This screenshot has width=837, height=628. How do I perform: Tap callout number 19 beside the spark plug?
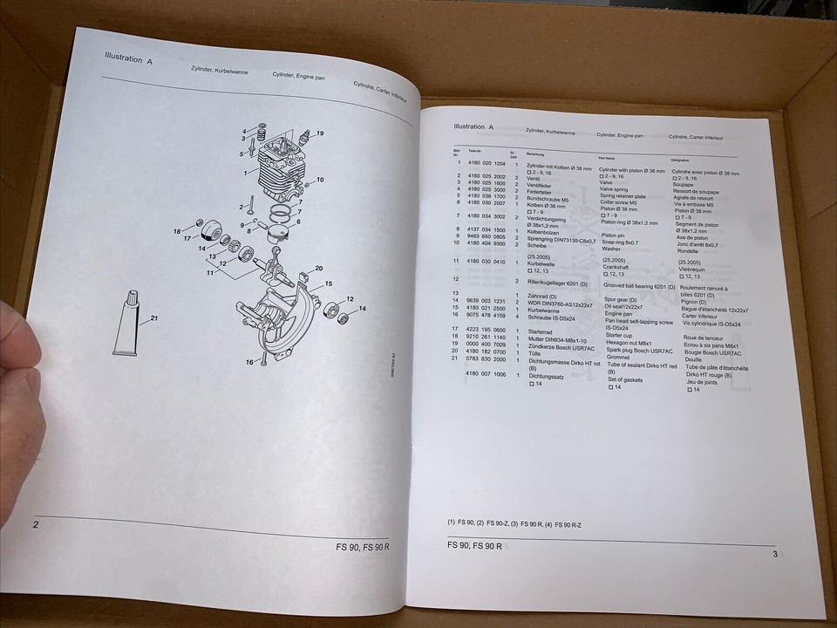coord(320,133)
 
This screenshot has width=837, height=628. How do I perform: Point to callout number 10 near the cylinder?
coord(320,181)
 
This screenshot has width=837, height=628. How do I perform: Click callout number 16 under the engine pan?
coord(248,361)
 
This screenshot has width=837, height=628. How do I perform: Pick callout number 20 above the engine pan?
coord(319,268)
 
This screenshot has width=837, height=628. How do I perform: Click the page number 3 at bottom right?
coord(774,553)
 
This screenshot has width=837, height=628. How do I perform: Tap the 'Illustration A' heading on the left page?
coord(128,62)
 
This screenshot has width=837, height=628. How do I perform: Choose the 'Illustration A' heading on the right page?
coord(473,126)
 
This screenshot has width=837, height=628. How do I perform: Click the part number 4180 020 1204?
coord(487,164)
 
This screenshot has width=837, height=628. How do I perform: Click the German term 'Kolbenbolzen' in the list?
coord(548,230)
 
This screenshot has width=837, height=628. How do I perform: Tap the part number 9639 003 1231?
coord(487,300)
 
